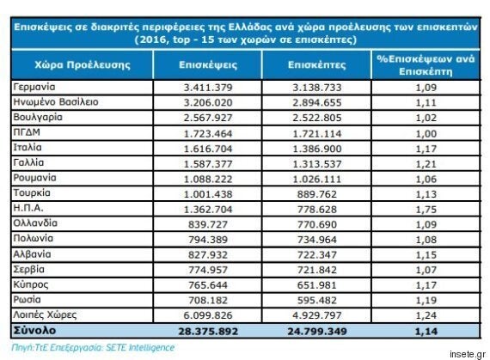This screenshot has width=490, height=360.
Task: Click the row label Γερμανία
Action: (34, 87)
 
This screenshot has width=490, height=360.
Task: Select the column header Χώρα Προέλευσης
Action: (83, 64)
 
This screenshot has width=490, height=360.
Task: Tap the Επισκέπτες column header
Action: (316, 64)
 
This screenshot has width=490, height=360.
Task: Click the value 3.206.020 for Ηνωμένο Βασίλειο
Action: (208, 102)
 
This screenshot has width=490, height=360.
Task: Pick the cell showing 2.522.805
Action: (317, 118)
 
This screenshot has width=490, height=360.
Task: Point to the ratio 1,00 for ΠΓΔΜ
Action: (426, 134)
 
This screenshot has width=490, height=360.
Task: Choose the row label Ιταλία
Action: (28, 147)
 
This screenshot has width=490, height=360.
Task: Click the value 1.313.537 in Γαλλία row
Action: (317, 164)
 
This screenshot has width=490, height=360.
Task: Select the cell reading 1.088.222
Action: (208, 180)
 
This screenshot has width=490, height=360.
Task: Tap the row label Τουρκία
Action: (32, 192)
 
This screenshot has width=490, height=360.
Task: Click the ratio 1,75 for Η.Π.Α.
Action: (426, 210)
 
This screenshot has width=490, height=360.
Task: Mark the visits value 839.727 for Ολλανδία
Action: (208, 224)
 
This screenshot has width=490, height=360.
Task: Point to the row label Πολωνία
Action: (34, 238)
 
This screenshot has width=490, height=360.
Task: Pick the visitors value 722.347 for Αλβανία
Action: (317, 255)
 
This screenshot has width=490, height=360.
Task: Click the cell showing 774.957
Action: (208, 270)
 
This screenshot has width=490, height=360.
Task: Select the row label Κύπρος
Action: (31, 284)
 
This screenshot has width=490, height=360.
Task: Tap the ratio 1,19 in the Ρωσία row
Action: (426, 301)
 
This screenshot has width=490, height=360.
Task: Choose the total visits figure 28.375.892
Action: (208, 332)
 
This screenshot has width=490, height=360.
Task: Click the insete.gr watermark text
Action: (468, 354)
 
